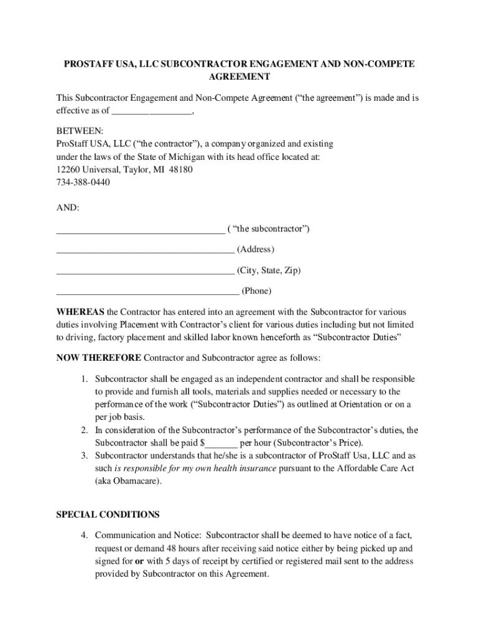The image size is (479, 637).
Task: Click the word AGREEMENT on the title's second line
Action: pyautogui.click(x=239, y=77)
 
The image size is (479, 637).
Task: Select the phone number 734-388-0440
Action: pyautogui.click(x=83, y=182)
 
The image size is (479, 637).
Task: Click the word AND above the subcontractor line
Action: pyautogui.click(x=68, y=207)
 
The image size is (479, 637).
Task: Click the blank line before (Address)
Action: pyautogui.click(x=145, y=251)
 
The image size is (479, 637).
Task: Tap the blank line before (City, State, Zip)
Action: pyautogui.click(x=145, y=272)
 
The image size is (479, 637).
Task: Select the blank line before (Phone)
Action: pyautogui.click(x=147, y=292)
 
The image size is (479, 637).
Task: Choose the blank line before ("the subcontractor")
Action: pyautogui.click(x=141, y=231)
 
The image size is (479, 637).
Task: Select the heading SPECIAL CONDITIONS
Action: pyautogui.click(x=108, y=514)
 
